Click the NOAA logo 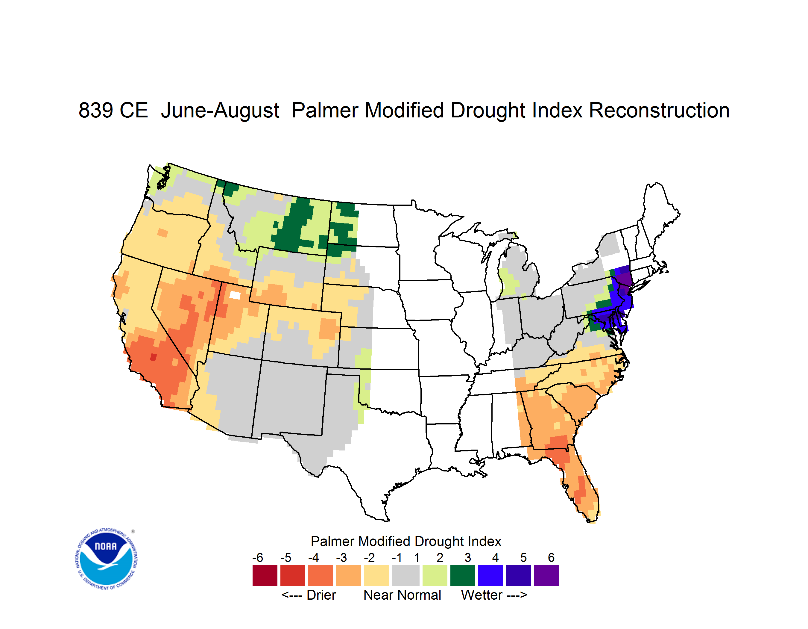[x=106, y=559]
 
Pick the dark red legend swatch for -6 [x=265, y=575]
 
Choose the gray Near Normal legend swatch [x=405, y=575]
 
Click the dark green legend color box [x=462, y=575]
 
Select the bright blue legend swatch [x=490, y=575]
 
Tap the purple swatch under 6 [x=546, y=575]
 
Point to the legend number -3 [x=341, y=557]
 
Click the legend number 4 [x=495, y=557]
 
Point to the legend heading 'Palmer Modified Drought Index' [x=406, y=541]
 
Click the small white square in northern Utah [x=235, y=295]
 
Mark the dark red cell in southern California [x=153, y=357]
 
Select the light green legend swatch [x=435, y=575]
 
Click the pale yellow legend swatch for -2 [x=376, y=575]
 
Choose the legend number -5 [x=285, y=557]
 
